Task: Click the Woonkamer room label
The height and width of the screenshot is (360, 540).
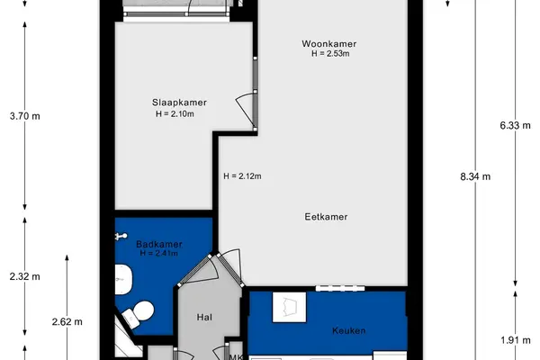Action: click(x=328, y=44)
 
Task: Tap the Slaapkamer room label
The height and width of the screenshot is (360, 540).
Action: click(x=179, y=103)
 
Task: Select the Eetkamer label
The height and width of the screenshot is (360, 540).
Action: click(x=326, y=217)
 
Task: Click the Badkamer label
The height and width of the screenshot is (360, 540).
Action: click(x=159, y=244)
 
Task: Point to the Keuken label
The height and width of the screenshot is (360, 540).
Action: click(x=349, y=330)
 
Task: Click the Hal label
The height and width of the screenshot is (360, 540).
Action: click(x=204, y=317)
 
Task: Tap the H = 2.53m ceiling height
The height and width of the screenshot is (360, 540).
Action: click(x=330, y=54)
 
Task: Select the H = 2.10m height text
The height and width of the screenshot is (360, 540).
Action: click(x=175, y=113)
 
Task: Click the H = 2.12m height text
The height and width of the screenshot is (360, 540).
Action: click(x=242, y=176)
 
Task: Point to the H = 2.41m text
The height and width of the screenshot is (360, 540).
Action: click(x=159, y=254)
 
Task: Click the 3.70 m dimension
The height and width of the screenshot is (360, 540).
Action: click(x=25, y=116)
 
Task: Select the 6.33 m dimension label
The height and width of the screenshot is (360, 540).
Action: click(x=515, y=125)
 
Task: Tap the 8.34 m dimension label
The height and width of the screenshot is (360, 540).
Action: click(x=475, y=176)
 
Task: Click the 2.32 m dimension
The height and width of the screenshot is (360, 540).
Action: click(x=25, y=276)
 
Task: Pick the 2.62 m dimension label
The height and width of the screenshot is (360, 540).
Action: click(x=67, y=322)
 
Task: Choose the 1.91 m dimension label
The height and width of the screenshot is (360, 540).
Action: click(x=515, y=340)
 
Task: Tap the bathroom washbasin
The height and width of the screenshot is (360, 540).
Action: click(x=123, y=279)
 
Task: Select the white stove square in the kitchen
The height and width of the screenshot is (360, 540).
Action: click(x=289, y=307)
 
